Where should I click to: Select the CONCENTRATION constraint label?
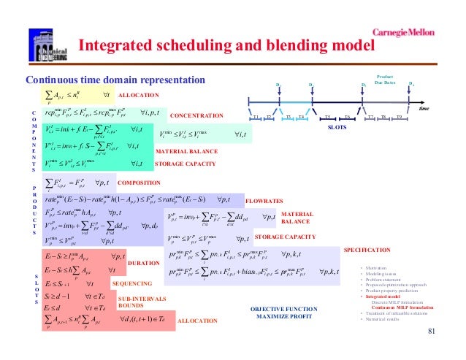[x=196, y=115]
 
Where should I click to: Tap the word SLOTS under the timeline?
[x=335, y=126]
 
